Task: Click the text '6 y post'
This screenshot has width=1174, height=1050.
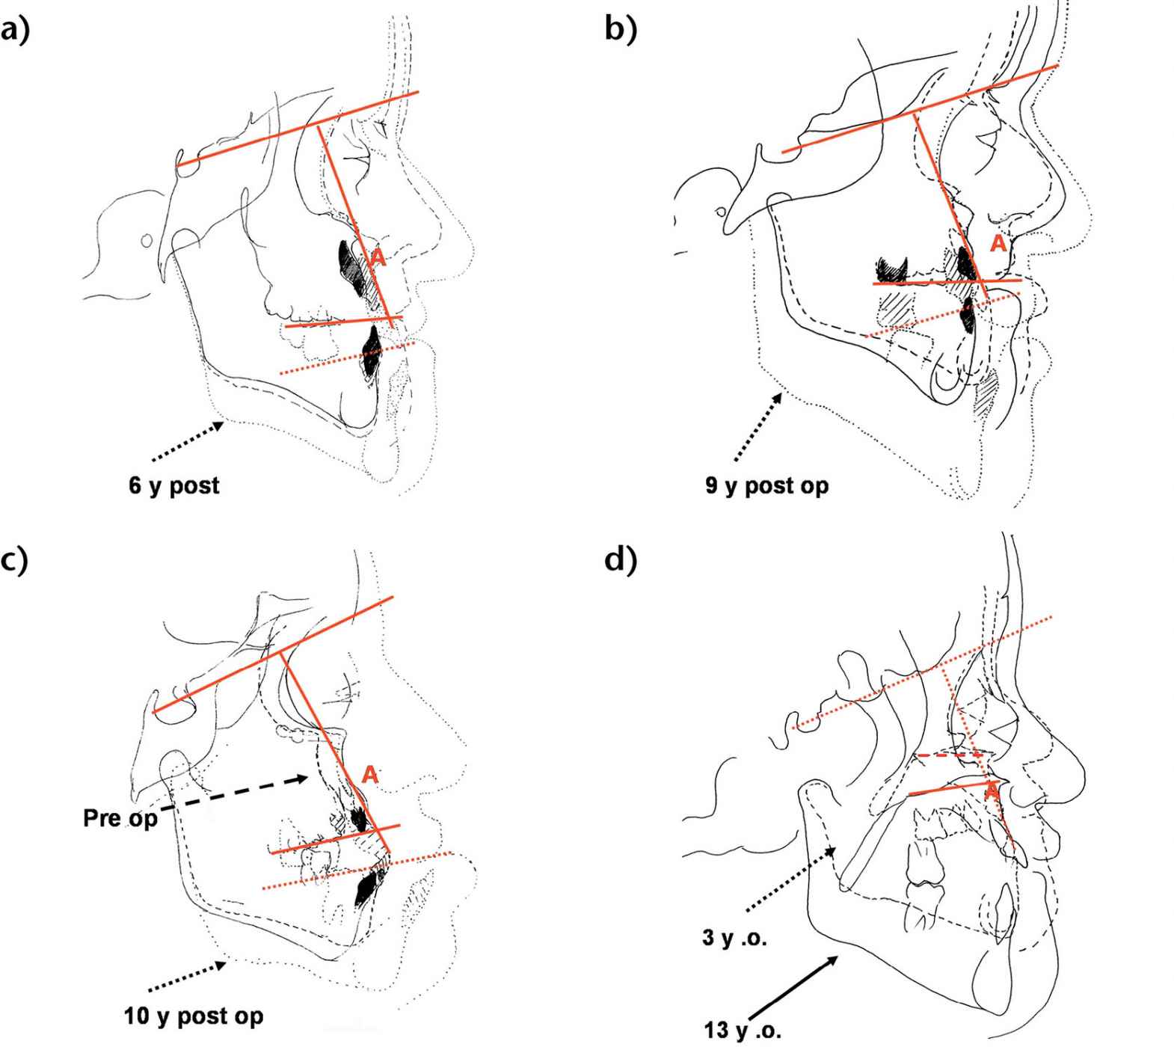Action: click(174, 485)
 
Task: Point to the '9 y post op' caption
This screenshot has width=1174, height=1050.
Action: click(766, 485)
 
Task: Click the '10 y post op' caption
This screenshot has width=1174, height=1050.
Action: click(193, 1016)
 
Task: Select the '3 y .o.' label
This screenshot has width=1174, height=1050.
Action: click(735, 938)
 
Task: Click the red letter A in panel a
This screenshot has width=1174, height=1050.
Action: click(378, 258)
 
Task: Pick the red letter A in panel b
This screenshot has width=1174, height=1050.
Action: click(998, 243)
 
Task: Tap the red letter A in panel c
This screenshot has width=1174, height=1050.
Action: click(369, 775)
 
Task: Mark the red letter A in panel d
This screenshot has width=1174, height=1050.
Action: click(992, 790)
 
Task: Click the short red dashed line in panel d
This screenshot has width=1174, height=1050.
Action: click(948, 755)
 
